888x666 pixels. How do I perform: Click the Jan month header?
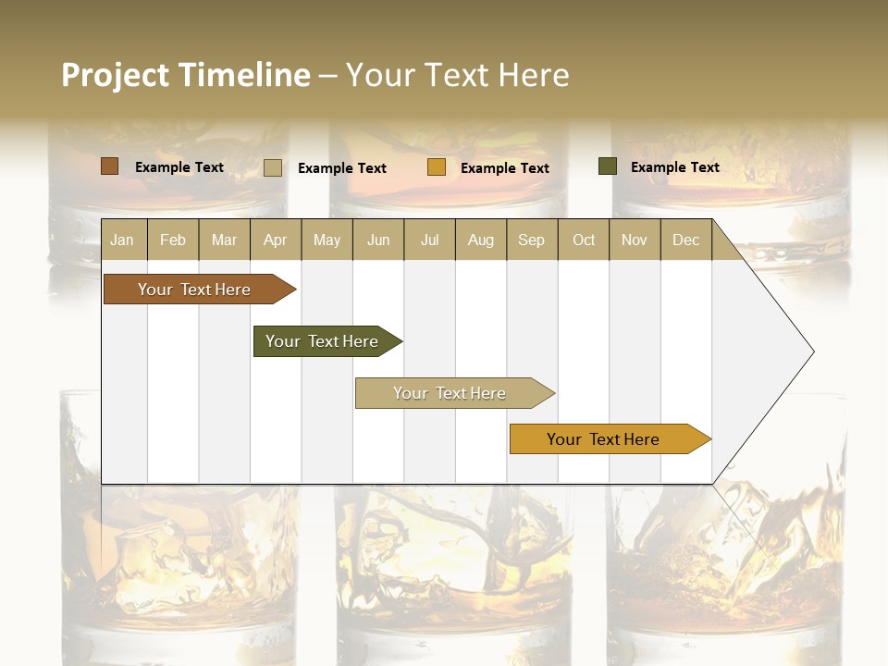pos(122,240)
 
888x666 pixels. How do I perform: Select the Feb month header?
pos(173,240)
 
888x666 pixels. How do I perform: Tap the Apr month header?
pos(275,240)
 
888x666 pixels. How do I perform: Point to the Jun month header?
pos(378,240)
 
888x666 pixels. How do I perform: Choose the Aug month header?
pos(480,240)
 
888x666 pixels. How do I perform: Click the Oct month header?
pos(584,240)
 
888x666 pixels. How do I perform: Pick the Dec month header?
pos(685,240)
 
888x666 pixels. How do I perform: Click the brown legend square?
pos(109,166)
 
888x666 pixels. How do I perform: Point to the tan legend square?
pos(273,167)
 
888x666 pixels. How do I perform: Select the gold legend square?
pos(437,167)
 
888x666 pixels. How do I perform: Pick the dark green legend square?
pos(608,166)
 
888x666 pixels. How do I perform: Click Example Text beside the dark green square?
pos(674,166)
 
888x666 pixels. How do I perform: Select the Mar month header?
pos(224,240)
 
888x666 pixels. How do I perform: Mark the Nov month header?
pos(634,240)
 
